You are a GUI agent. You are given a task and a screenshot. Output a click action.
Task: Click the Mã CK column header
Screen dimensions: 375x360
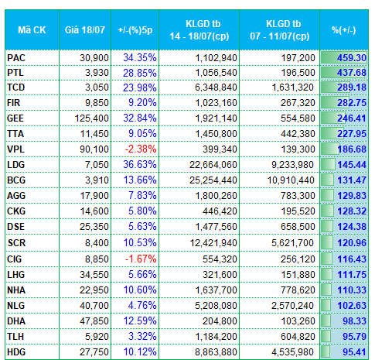[32, 30]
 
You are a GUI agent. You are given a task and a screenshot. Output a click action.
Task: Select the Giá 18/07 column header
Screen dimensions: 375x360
[85, 30]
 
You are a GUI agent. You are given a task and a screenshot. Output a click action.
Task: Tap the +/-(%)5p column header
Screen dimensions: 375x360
[135, 30]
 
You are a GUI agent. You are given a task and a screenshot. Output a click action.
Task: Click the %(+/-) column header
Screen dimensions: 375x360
[344, 30]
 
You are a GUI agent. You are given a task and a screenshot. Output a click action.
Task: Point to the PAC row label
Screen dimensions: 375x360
[16, 58]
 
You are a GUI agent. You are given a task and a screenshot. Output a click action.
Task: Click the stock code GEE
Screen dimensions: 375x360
[15, 118]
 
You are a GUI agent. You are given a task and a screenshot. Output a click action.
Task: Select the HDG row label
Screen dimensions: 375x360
[16, 352]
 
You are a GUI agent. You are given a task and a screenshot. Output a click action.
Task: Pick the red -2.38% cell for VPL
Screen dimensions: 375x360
[141, 149]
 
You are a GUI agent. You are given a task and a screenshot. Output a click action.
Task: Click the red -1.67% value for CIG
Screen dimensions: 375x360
[141, 259]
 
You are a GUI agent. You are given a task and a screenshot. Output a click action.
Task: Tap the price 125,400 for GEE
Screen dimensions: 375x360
[92, 118]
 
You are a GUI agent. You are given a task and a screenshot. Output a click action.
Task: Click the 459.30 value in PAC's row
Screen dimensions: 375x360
[352, 58]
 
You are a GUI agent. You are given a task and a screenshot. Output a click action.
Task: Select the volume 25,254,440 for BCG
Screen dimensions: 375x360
[213, 180]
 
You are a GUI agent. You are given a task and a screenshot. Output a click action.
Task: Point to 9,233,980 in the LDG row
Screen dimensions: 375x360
[292, 165]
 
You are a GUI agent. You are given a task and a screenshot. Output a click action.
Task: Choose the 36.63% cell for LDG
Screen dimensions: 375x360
[140, 165]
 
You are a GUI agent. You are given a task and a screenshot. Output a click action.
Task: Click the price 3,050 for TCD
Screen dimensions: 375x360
[97, 87]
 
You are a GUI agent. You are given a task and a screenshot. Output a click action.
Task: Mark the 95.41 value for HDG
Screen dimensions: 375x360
[354, 352]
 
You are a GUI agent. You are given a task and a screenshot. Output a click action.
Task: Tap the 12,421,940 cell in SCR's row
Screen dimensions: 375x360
[213, 243]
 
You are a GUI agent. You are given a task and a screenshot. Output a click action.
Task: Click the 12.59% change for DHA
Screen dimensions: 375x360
[140, 321]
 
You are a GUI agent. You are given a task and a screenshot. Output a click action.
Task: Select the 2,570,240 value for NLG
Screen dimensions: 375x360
[292, 306]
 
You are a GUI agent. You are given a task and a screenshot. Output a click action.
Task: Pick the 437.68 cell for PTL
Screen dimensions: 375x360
[352, 73]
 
